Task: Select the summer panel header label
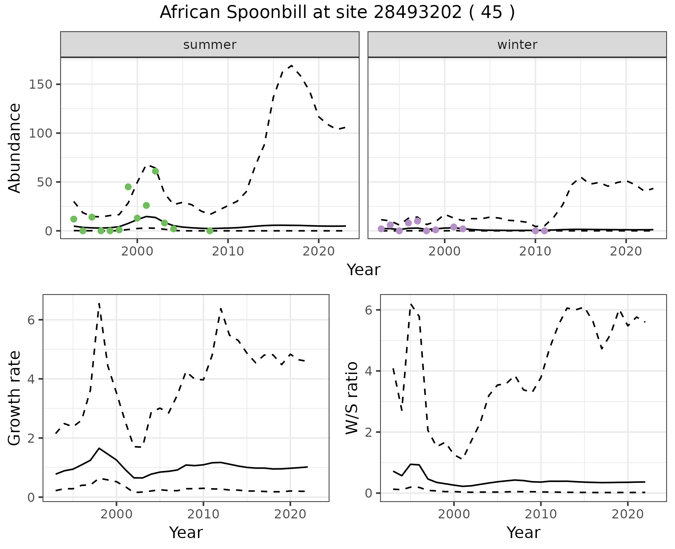[210, 45]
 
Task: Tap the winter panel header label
[517, 45]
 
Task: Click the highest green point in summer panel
[155, 171]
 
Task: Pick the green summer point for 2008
[210, 231]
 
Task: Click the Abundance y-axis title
[15, 148]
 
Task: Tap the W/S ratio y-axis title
[352, 398]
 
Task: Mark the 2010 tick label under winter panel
[535, 251]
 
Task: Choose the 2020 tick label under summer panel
[319, 251]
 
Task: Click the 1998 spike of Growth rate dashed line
[99, 303]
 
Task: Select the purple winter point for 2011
[544, 231]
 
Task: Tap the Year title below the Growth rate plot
[186, 532]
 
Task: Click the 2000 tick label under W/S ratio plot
[454, 514]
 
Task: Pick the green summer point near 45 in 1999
[128, 187]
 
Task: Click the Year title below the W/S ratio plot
[523, 532]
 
